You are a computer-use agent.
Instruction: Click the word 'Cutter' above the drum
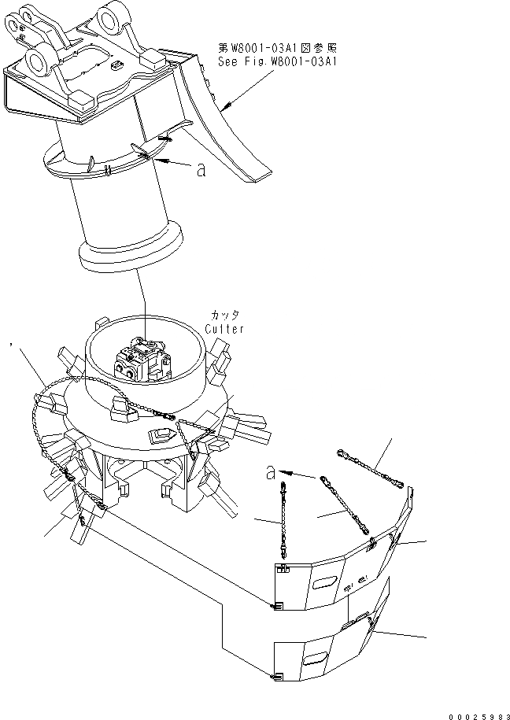click(226, 329)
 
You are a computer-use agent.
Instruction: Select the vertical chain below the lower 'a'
click(281, 520)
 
